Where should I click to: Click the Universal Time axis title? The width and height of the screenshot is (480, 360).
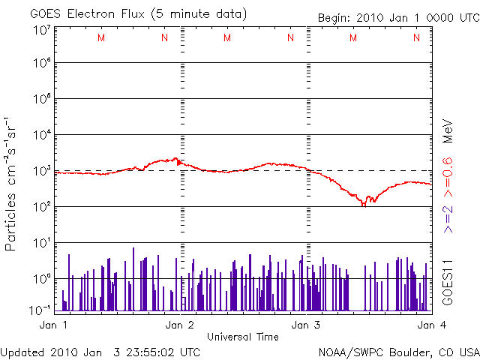pyautogui.click(x=243, y=337)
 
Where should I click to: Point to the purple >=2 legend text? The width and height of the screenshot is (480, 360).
pyautogui.click(x=447, y=217)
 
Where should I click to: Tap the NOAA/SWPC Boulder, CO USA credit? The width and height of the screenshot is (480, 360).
pyautogui.click(x=399, y=352)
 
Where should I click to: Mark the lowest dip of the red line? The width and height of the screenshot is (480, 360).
pyautogui.click(x=364, y=204)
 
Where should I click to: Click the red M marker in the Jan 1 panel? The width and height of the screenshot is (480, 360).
pyautogui.click(x=101, y=38)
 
